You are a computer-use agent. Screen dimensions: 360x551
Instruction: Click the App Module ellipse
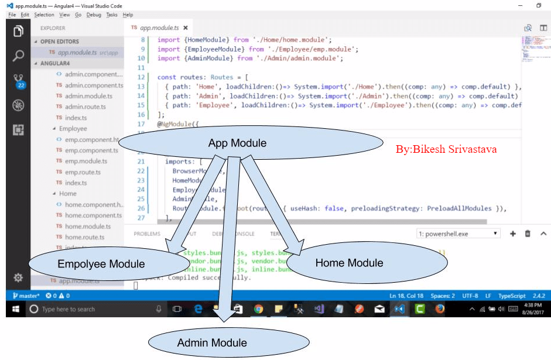[237, 143]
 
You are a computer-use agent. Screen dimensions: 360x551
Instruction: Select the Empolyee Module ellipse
[101, 264]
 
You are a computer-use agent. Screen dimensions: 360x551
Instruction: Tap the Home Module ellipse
[350, 263]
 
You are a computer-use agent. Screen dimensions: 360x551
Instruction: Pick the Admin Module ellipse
[212, 342]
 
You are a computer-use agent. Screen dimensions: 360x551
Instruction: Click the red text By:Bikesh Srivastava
[446, 149]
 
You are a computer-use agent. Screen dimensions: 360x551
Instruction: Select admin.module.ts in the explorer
[88, 96]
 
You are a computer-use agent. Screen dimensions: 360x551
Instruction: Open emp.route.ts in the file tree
[85, 172]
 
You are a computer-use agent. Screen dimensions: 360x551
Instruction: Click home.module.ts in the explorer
[88, 227]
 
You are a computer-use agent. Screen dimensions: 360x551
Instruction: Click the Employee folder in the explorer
[73, 129]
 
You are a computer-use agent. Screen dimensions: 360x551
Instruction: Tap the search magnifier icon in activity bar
[18, 56]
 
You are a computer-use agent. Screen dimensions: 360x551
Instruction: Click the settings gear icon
[18, 277]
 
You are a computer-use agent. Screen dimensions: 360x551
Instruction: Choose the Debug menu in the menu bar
[94, 15]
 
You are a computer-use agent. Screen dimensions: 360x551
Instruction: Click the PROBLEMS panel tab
[147, 234]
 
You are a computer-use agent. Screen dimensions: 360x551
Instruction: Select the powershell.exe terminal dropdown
[458, 234]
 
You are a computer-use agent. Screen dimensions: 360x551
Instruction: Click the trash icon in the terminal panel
[528, 234]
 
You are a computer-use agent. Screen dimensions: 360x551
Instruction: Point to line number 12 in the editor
[141, 77]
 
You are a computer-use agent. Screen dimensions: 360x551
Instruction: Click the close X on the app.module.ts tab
[186, 28]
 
